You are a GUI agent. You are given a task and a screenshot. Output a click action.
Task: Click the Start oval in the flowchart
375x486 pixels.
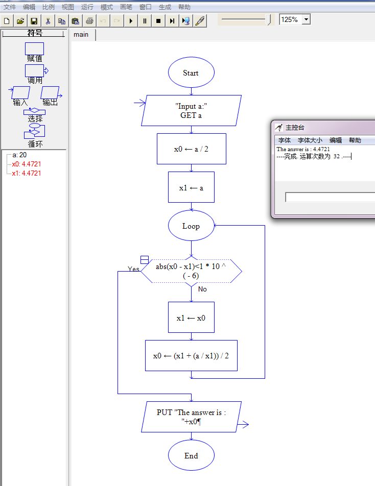[x=191, y=72]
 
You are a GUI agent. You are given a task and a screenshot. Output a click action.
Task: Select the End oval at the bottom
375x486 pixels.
[x=191, y=455]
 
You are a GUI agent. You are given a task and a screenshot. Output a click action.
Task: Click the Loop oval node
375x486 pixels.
[x=191, y=226]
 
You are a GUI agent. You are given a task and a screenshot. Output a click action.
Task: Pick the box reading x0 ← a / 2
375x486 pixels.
[x=191, y=149]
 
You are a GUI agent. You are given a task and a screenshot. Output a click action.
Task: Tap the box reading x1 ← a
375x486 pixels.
[x=191, y=187]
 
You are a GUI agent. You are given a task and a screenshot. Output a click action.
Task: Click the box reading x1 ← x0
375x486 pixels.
[x=191, y=318]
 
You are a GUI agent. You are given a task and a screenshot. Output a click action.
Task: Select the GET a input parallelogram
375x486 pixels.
[x=191, y=110]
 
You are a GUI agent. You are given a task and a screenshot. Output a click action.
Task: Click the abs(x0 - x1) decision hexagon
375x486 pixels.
[x=191, y=271]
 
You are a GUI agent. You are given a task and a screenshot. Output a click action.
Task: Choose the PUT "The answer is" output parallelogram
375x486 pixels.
[x=191, y=417]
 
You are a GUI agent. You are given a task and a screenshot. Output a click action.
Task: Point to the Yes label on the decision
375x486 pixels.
[x=133, y=269]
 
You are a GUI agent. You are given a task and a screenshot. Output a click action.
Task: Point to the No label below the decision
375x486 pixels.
[x=202, y=289]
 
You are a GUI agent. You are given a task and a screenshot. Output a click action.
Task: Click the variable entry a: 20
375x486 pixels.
[x=19, y=155]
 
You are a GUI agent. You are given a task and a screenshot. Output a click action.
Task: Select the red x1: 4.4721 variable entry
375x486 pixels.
[x=27, y=173]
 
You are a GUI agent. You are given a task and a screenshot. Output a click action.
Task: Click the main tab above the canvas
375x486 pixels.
[x=81, y=34]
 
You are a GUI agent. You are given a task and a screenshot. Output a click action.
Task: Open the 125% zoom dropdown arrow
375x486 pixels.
[x=306, y=19]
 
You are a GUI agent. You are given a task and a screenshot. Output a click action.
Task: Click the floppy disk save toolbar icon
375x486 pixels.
[x=34, y=21]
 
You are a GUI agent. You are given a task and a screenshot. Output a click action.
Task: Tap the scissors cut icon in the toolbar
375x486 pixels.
[x=48, y=21]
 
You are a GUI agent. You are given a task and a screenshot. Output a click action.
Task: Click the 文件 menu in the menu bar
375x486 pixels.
[x=10, y=7]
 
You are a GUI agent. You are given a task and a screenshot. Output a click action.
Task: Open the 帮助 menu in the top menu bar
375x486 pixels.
[x=184, y=7]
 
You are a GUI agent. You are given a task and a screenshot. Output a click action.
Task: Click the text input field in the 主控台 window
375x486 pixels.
[x=330, y=197]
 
